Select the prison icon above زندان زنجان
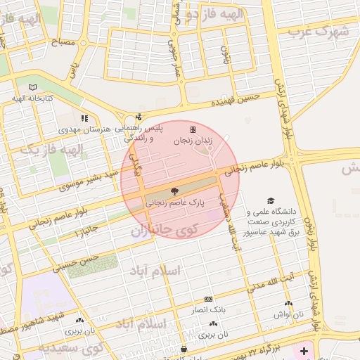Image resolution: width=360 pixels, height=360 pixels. tap(193, 129)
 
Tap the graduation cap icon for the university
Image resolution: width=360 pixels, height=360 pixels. tap(269, 201)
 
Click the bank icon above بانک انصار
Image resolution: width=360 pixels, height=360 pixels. tap(207, 299)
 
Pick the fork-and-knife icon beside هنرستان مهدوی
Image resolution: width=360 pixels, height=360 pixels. tap(84, 119)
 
